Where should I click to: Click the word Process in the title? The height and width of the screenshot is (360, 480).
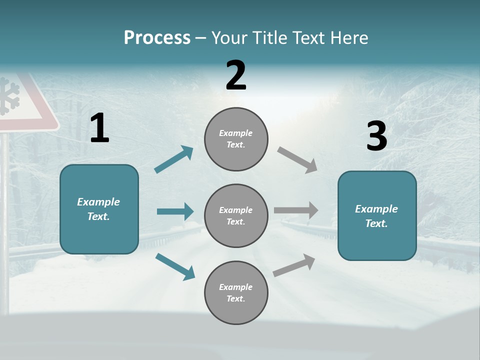157,38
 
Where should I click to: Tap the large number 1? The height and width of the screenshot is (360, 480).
99,128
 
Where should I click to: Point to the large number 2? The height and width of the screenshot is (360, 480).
236,75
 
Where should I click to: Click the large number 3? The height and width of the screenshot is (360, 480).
376,136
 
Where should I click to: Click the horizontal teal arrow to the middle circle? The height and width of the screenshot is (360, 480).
175,211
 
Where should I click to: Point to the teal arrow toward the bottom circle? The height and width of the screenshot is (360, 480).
175,266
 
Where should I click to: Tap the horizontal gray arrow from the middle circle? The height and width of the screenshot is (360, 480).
295,210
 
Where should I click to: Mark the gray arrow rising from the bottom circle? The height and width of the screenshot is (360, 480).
294,265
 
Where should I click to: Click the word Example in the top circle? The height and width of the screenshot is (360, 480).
235,133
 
